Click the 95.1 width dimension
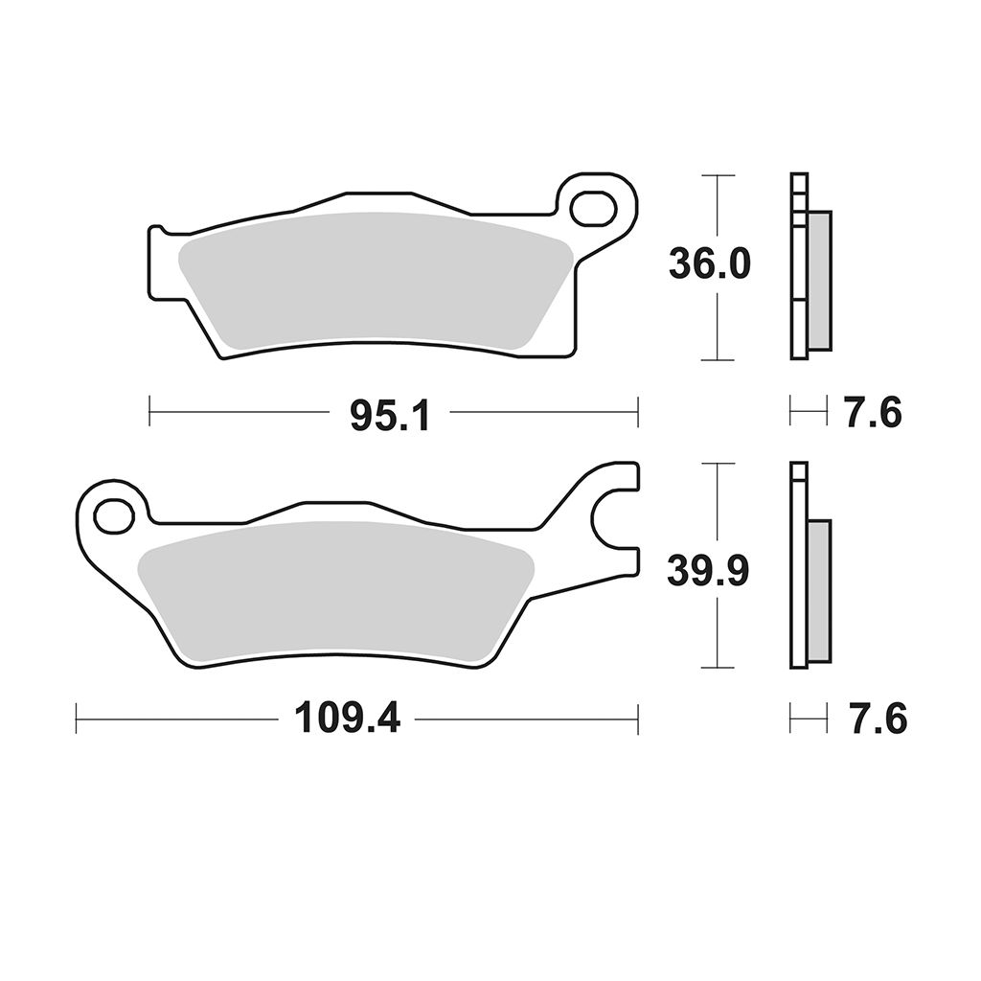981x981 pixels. [x=390, y=415]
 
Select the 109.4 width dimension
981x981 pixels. [x=347, y=719]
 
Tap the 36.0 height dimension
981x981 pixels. [x=709, y=263]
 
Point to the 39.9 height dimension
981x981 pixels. [x=708, y=571]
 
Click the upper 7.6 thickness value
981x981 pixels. [x=874, y=413]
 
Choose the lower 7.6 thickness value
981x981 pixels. [x=878, y=719]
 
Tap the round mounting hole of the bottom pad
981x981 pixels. [x=114, y=516]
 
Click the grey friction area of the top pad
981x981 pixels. [x=376, y=279]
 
